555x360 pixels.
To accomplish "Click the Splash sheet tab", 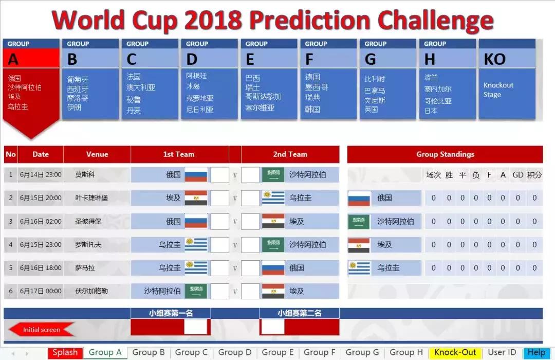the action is (x=65, y=353).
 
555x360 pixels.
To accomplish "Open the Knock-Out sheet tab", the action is (x=455, y=353).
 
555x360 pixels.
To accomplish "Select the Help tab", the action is (x=536, y=353).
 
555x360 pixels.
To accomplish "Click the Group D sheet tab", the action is (x=235, y=353).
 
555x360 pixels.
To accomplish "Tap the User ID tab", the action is (x=502, y=353).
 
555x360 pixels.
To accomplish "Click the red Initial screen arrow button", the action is (x=42, y=330).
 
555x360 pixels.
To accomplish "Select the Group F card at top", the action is (x=328, y=79).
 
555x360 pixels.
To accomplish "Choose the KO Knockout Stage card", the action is (x=507, y=79).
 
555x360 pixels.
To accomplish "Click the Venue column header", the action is (x=97, y=154).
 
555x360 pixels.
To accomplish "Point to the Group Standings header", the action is (x=445, y=154).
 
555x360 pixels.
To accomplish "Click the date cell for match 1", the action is (x=41, y=175).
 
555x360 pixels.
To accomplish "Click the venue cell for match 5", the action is (x=85, y=268).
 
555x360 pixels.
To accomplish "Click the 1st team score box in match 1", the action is (x=220, y=175).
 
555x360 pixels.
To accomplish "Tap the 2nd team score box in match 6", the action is (x=250, y=291).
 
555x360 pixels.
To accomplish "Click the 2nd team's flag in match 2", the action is (x=273, y=198).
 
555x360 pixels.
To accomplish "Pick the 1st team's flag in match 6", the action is (x=196, y=291).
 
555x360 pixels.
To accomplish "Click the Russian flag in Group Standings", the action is (x=359, y=198).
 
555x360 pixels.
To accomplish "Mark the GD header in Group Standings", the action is (x=518, y=175).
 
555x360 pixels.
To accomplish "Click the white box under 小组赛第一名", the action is (x=195, y=327).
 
